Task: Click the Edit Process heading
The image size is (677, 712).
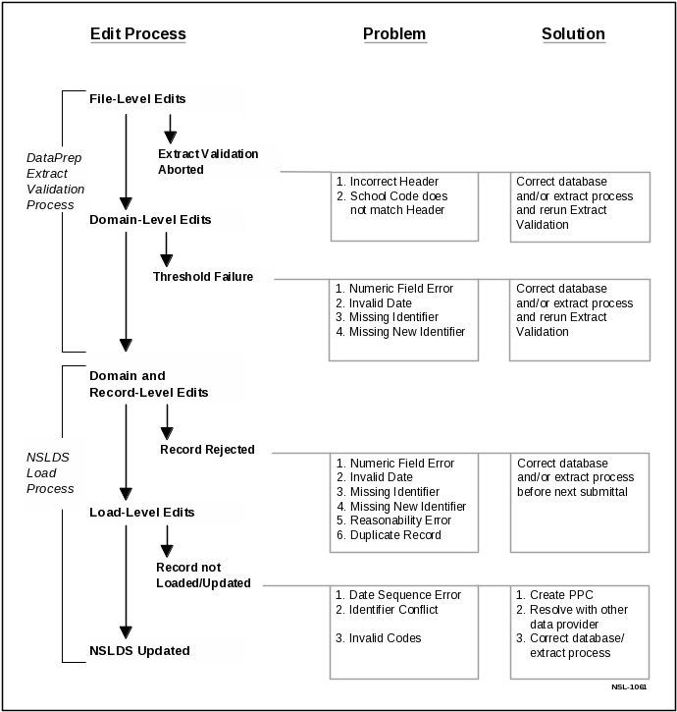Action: point(137,34)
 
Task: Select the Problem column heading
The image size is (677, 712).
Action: point(394,34)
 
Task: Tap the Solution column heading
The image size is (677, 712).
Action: point(573,34)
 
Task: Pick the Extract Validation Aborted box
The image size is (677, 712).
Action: point(218,162)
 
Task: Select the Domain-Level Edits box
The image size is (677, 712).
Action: point(165,220)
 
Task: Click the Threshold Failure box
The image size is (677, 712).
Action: point(211,276)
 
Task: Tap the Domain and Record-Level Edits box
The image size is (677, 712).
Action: point(165,384)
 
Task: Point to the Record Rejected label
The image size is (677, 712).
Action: point(207,450)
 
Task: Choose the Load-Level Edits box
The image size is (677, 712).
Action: point(165,513)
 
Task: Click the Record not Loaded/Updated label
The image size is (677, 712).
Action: point(203,575)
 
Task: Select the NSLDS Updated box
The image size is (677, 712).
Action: point(165,651)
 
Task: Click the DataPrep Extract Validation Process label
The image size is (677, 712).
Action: point(55,181)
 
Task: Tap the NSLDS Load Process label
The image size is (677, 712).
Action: point(50,473)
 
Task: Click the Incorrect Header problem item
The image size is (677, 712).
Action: point(393,182)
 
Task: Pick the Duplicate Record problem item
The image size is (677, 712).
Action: point(394,535)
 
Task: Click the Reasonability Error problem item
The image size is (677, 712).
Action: point(401,520)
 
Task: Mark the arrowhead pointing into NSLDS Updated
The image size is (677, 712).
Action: point(126,632)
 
